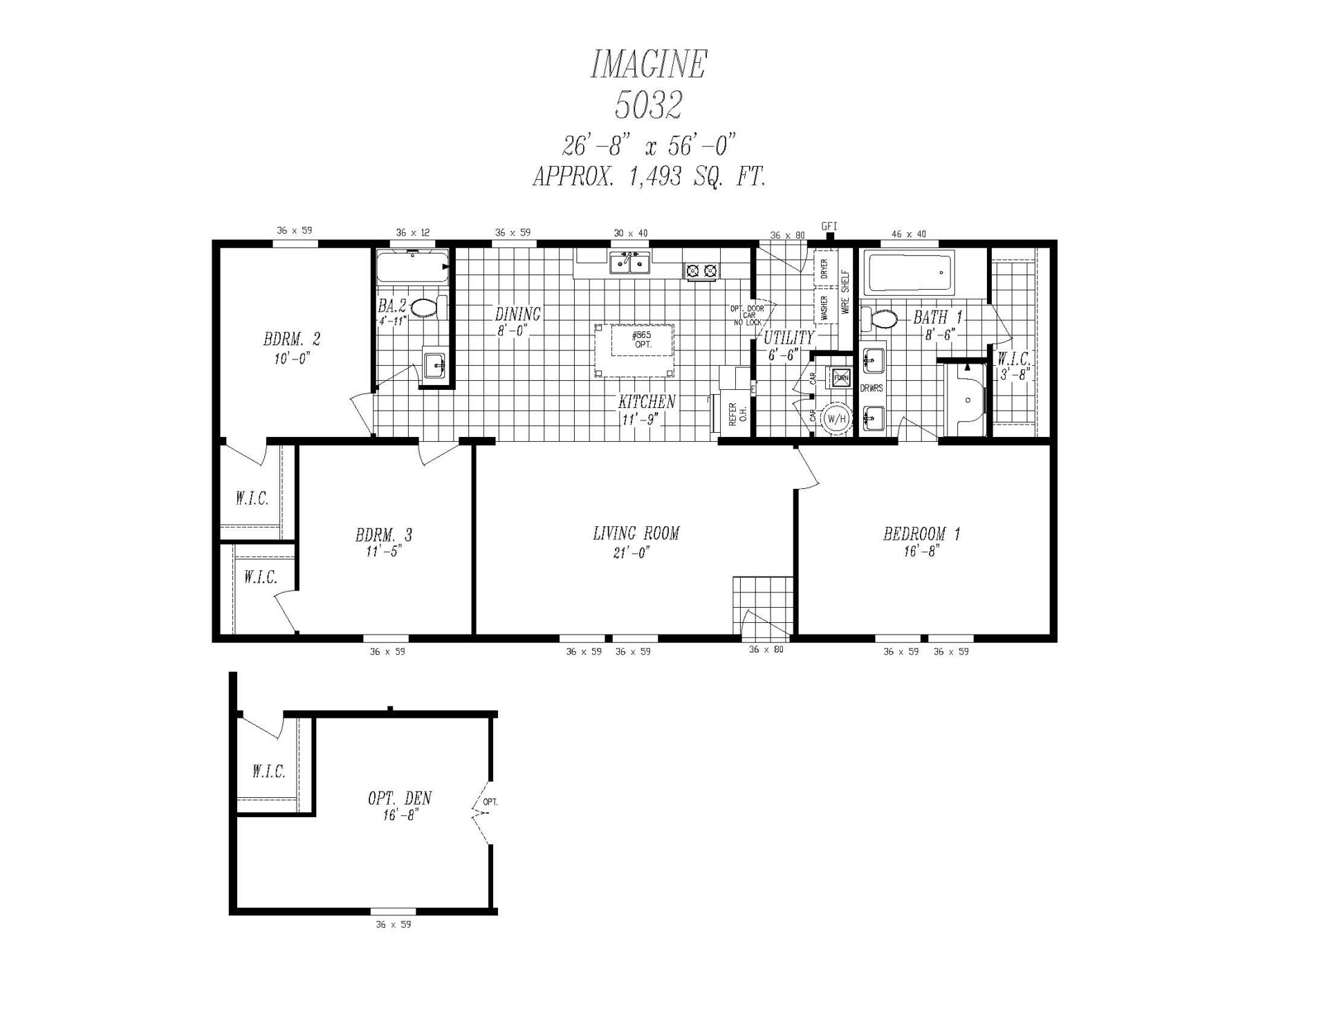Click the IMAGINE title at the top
pos(648,64)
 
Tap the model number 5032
pos(648,105)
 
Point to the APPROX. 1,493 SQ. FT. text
pos(649,177)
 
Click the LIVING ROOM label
pos(636,533)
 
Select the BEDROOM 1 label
pos(921,534)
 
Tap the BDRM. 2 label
pos(292,339)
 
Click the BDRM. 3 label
pos(384,535)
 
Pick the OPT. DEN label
pos(400,799)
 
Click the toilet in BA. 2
pos(429,308)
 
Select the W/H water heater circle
pos(836,418)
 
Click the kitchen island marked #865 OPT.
pos(634,350)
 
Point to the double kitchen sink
pos(629,263)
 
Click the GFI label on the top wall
pos(829,226)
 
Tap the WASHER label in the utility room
pos(824,308)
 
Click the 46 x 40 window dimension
pos(909,234)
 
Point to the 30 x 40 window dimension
pos(631,233)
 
